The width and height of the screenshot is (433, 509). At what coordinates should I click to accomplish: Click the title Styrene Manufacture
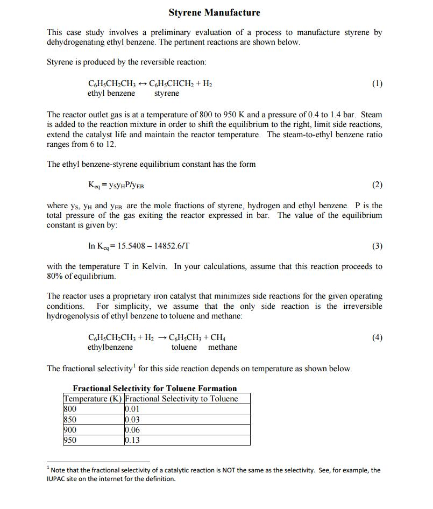pos(214,12)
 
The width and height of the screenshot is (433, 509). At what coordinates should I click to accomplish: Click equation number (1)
pos(377,83)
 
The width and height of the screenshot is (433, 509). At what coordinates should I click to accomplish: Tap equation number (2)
pos(377,185)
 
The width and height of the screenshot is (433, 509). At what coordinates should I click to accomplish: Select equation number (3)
pos(377,246)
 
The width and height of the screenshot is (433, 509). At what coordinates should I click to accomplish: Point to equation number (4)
pos(377,337)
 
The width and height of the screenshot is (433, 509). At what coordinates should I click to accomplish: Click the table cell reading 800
pos(70,409)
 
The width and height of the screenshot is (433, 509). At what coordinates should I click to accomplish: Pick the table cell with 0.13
pos(132,440)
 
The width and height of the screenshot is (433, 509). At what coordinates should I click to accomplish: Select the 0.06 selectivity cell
pos(132,430)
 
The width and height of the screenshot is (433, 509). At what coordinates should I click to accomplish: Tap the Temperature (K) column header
pos(93,399)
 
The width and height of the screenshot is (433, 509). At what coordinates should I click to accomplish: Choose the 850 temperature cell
pos(70,420)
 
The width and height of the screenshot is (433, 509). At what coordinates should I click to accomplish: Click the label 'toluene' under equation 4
pos(184,348)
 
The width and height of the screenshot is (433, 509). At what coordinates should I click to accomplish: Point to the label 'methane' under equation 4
pos(222,348)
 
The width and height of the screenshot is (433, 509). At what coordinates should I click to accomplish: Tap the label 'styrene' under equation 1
pos(167,94)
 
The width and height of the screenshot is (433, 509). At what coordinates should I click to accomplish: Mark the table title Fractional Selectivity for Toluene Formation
pos(155,388)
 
